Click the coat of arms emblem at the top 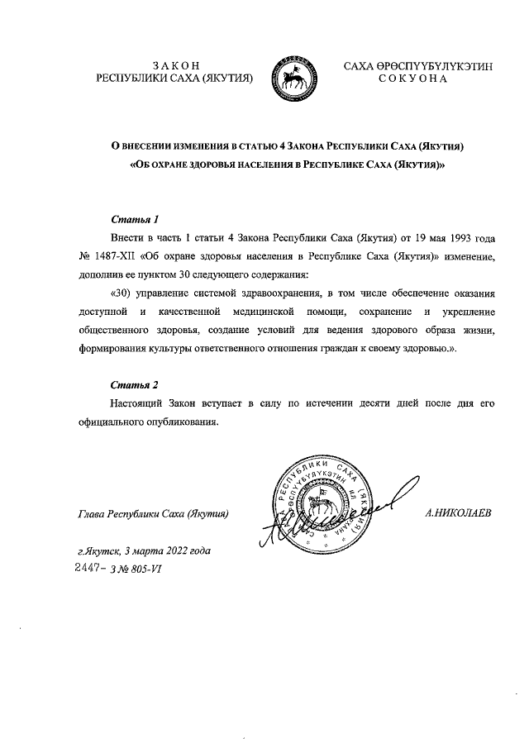(x=296, y=72)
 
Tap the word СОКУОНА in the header (x=412, y=79)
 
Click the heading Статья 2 (x=134, y=384)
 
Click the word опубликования (x=181, y=421)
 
